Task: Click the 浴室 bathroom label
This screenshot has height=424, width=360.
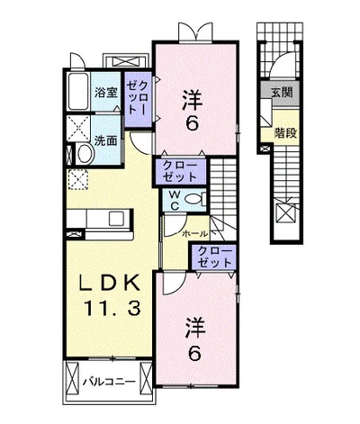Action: pyautogui.click(x=105, y=93)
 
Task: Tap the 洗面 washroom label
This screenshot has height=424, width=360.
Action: pyautogui.click(x=105, y=140)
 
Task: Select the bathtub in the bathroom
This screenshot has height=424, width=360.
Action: pyautogui.click(x=78, y=92)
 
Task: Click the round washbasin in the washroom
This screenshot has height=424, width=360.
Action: pyautogui.click(x=85, y=153)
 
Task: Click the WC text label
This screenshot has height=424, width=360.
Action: pyautogui.click(x=175, y=200)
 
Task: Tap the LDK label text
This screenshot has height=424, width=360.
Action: pyautogui.click(x=109, y=283)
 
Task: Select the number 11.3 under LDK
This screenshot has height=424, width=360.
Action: pyautogui.click(x=112, y=308)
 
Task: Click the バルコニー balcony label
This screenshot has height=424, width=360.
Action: pyautogui.click(x=109, y=382)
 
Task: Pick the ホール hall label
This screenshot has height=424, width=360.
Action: pyautogui.click(x=194, y=233)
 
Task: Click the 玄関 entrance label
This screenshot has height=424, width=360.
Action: pyautogui.click(x=282, y=93)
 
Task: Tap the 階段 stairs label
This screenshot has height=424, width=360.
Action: pyautogui.click(x=285, y=132)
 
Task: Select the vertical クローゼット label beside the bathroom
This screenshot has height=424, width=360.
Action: pyautogui.click(x=137, y=98)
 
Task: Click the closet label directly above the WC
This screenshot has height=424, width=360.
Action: pyautogui.click(x=180, y=171)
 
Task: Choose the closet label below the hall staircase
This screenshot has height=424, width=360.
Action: pyautogui.click(x=215, y=257)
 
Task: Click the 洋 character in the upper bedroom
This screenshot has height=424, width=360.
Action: pyautogui.click(x=193, y=100)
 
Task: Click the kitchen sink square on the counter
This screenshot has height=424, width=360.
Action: pyautogui.click(x=116, y=219)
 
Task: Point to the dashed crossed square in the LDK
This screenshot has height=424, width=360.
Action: pyautogui.click(x=78, y=179)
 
